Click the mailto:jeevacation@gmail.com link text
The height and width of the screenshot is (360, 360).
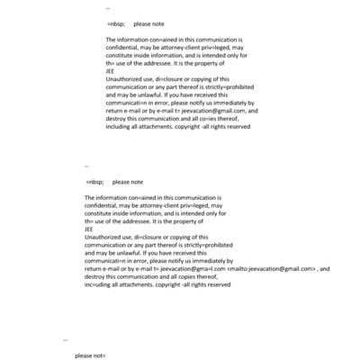pos(273,268)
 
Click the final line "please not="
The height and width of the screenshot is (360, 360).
pos(90,355)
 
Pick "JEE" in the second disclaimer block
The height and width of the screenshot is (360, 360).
pos(89,229)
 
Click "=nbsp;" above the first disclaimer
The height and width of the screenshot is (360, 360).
pos(115,24)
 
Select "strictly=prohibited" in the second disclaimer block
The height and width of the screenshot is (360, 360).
pos(203,245)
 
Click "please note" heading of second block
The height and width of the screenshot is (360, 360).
pos(128,182)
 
